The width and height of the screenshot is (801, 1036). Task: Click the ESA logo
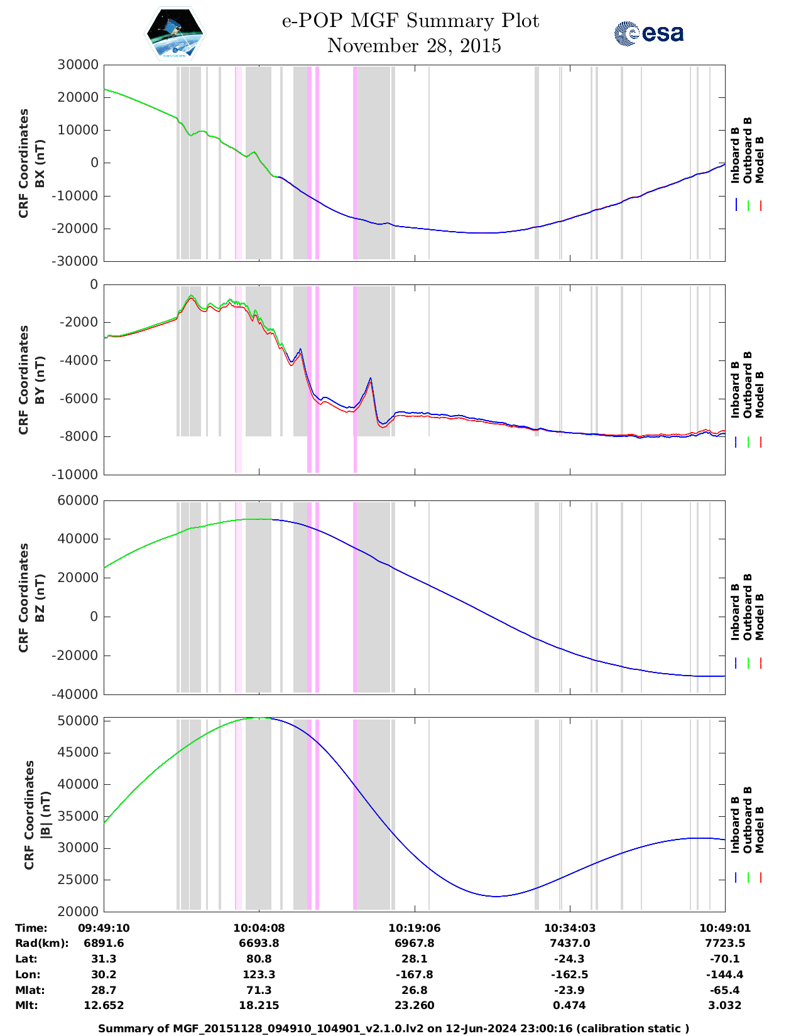[649, 33]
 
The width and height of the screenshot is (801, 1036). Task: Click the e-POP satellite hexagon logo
[175, 33]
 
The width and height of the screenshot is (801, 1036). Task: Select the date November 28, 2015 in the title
[414, 46]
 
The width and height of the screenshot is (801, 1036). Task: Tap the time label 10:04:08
[259, 928]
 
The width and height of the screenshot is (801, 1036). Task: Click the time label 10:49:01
[725, 928]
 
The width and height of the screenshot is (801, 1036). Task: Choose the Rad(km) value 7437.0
[569, 943]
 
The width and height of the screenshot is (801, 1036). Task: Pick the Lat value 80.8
[259, 959]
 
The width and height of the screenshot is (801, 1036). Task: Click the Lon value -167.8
[414, 974]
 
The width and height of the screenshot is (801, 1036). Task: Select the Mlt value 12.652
[104, 1005]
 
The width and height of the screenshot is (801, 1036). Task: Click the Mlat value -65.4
[725, 990]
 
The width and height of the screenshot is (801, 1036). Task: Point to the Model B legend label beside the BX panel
[760, 159]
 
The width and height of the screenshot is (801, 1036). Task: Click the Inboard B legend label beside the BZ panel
[735, 612]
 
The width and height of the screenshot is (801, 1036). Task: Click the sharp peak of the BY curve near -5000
[371, 378]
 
